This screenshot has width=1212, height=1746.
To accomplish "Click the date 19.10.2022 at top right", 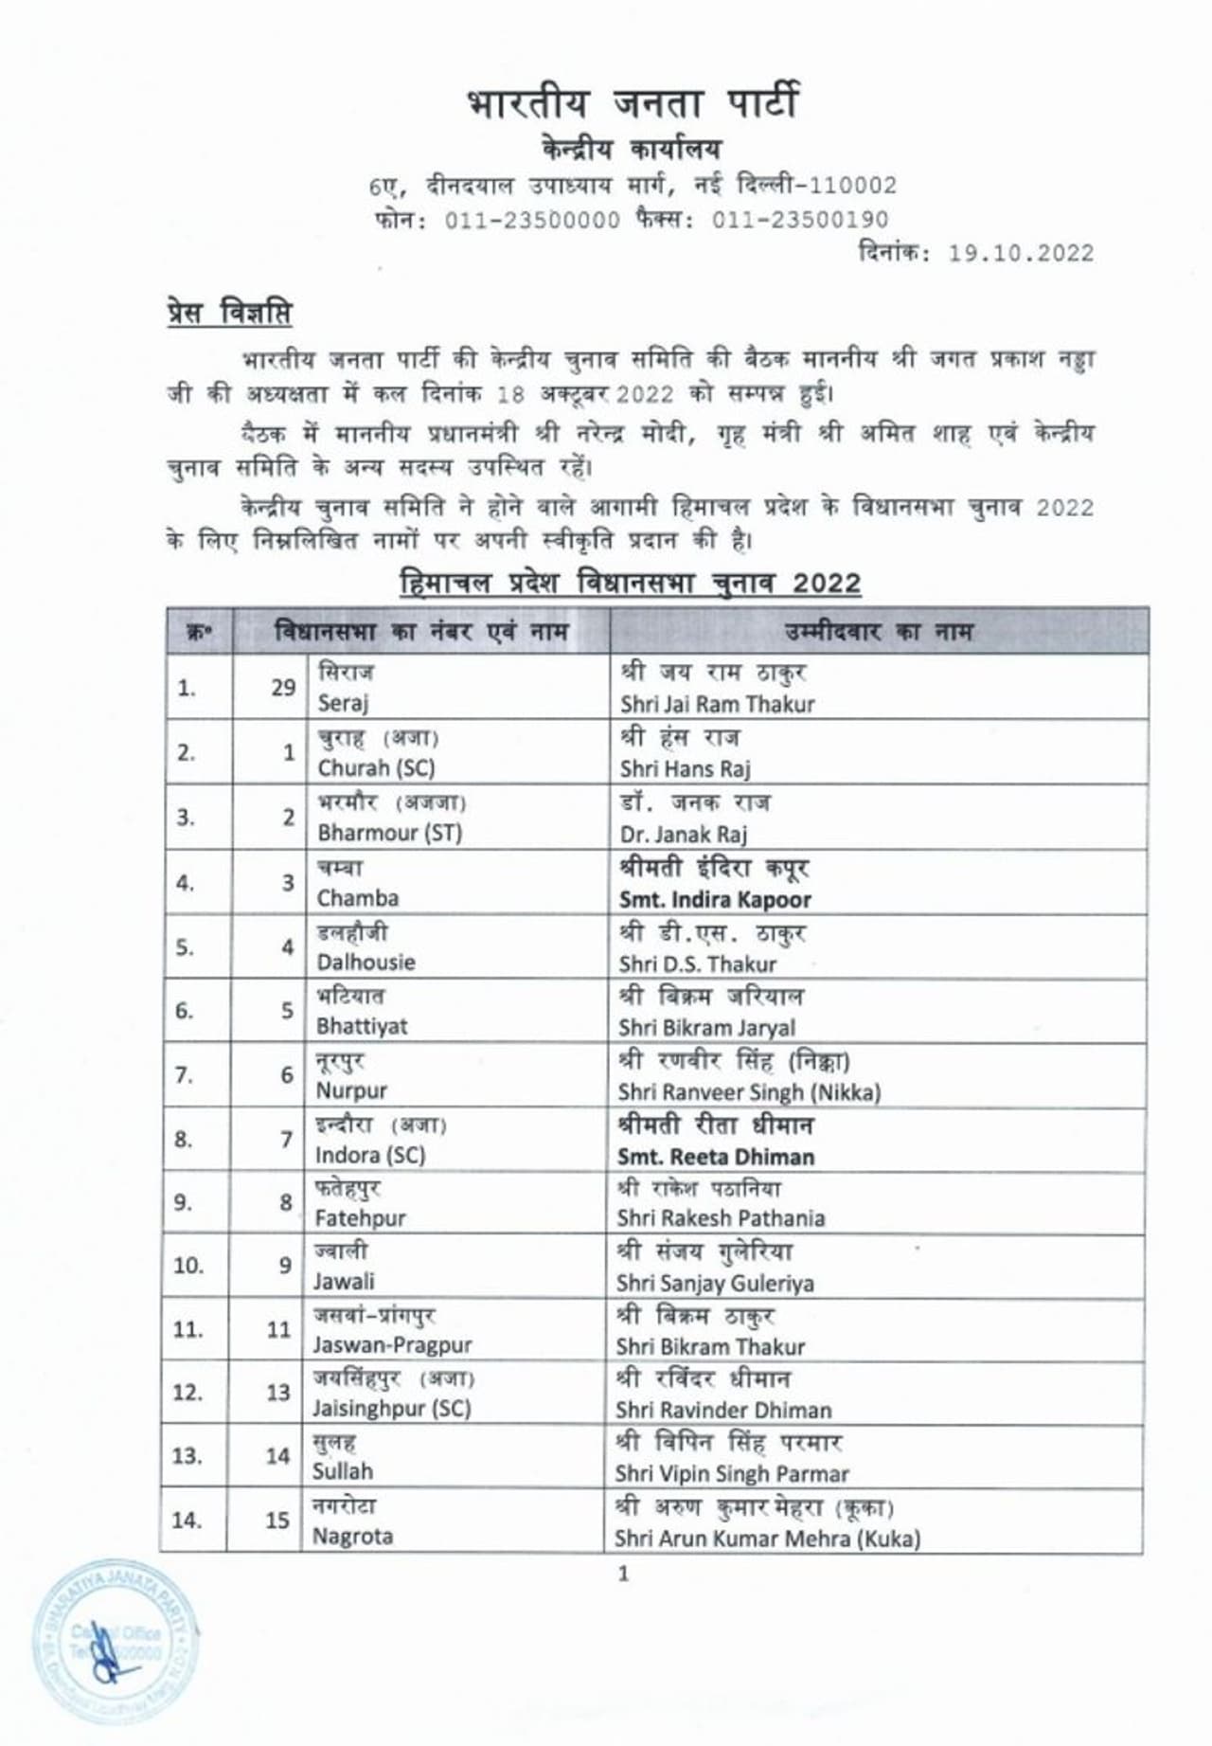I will (x=1021, y=254).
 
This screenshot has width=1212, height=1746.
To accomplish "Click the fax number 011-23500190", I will (x=800, y=220).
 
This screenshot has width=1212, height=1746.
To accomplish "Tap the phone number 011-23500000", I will (x=532, y=220).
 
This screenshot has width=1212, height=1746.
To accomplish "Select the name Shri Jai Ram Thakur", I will (x=717, y=704).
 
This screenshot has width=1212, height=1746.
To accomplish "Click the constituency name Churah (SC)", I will (x=376, y=767).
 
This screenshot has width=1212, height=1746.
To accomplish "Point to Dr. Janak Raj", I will (x=683, y=834).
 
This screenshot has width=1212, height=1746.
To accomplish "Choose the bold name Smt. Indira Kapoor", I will (x=715, y=899).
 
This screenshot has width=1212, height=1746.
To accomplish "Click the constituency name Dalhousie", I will (x=365, y=963).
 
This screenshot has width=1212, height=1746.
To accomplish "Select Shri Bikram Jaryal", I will (x=706, y=1028).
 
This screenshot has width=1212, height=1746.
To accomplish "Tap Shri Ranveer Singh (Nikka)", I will (x=749, y=1092).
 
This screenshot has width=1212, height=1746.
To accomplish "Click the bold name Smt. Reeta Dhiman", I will (x=716, y=1157).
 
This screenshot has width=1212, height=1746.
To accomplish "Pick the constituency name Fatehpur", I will (x=360, y=1218).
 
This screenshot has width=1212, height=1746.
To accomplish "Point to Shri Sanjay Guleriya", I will (x=715, y=1284).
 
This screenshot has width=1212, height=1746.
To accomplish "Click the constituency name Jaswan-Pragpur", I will (x=392, y=1345).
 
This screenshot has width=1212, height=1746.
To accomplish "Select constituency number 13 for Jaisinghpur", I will (x=277, y=1393).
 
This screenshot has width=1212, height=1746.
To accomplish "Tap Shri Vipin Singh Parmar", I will (x=731, y=1474).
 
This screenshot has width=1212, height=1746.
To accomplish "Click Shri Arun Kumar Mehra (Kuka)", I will (x=767, y=1539).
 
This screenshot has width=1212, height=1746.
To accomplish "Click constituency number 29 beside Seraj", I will (x=283, y=688).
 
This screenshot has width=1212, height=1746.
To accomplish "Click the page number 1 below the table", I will (x=622, y=1574).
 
